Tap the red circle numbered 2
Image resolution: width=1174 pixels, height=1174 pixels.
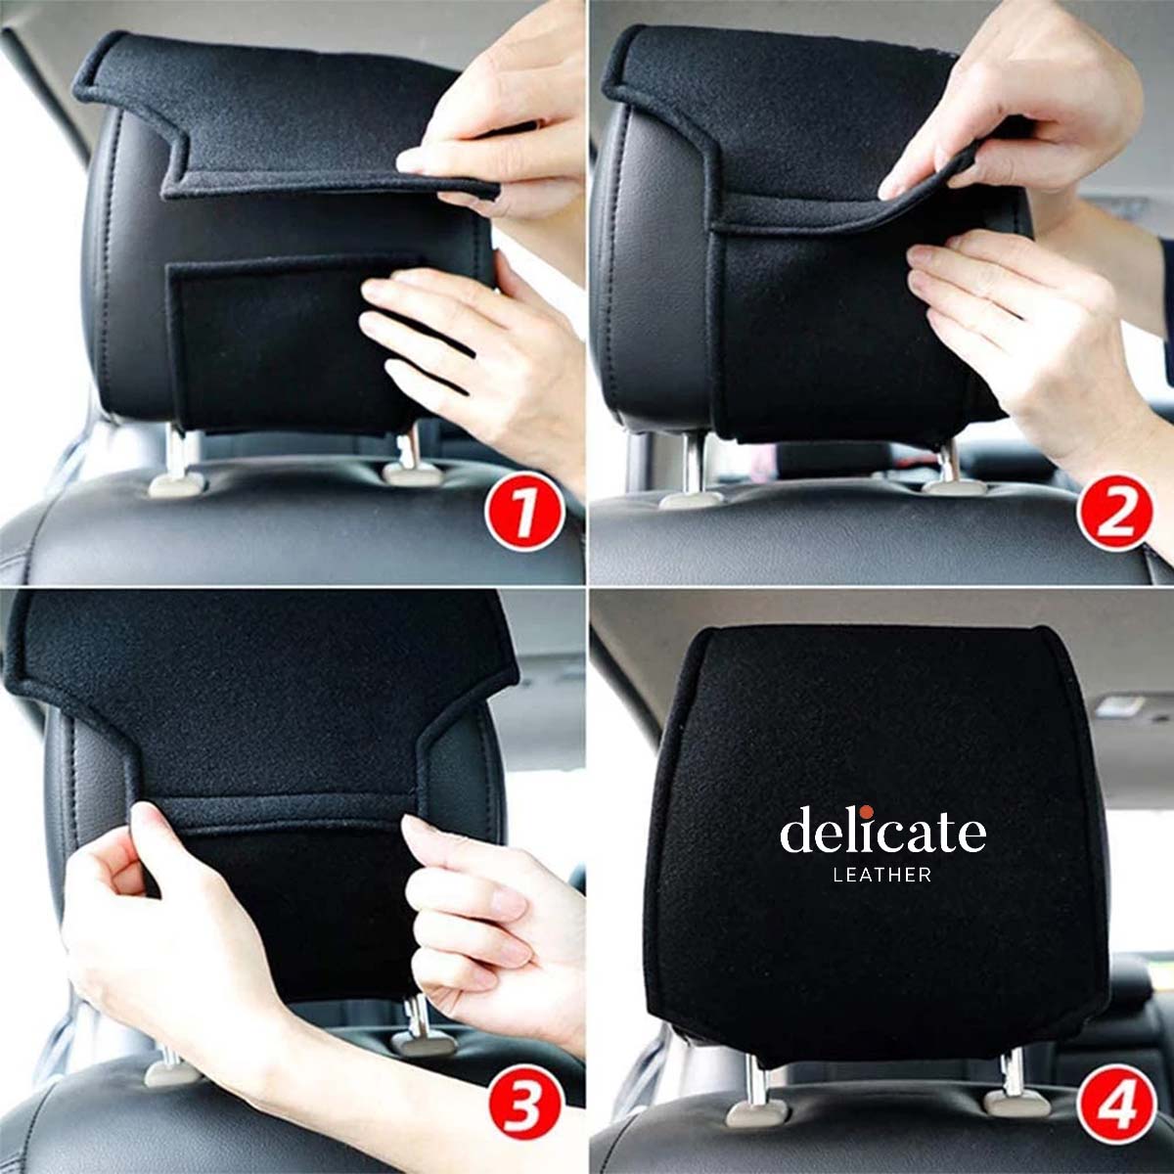point(1115,513)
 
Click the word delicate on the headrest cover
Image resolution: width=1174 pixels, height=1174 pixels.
point(882,832)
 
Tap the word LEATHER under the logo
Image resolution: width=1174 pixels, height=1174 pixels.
point(882,876)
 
